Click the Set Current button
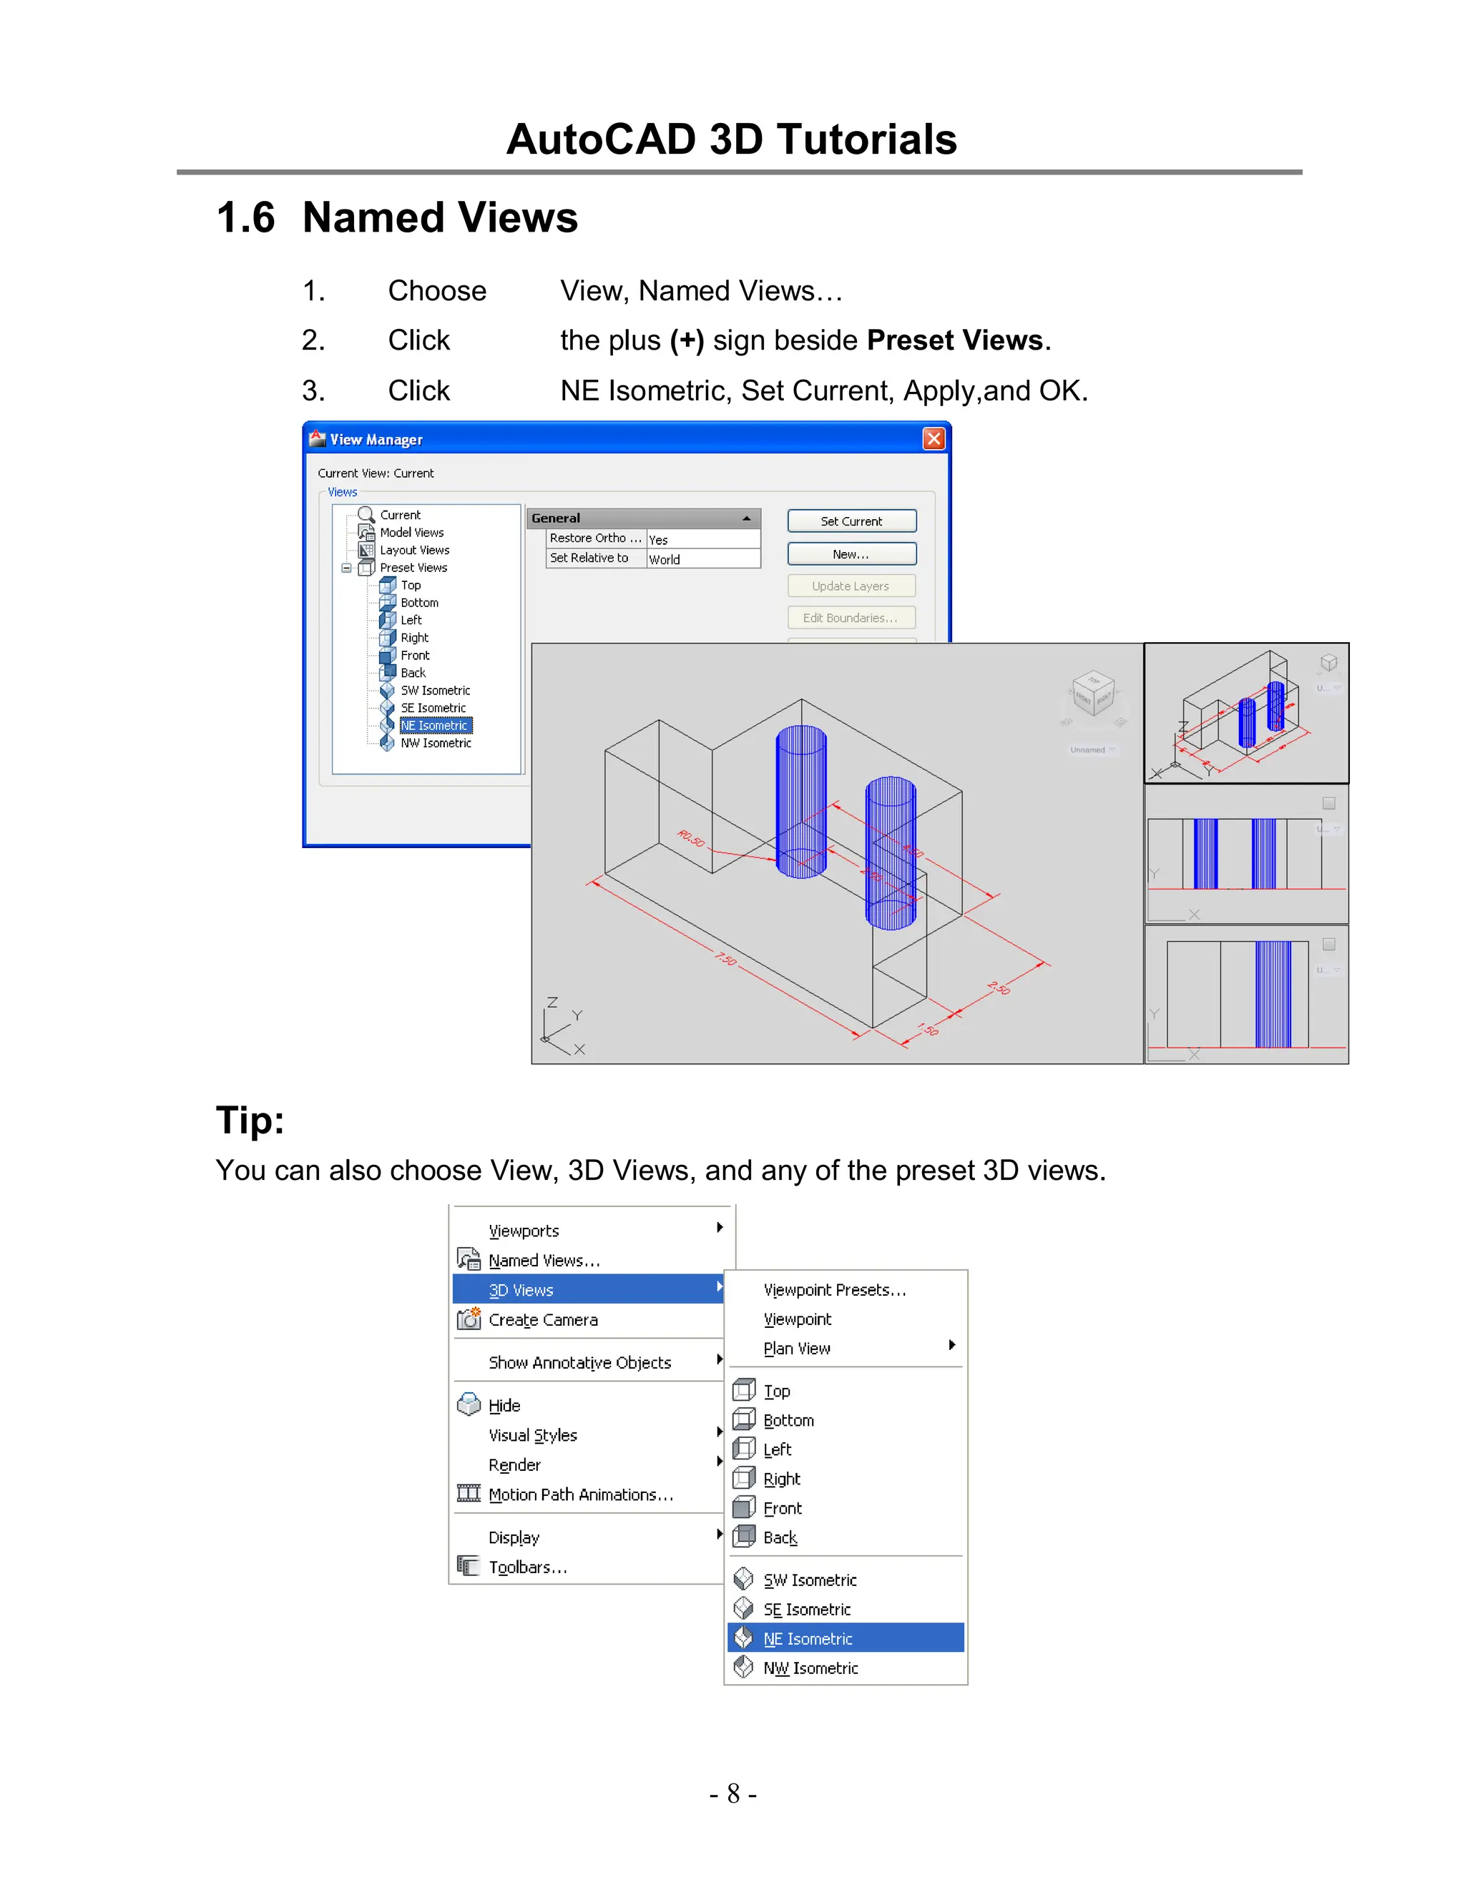coord(851,521)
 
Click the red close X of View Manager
coord(933,439)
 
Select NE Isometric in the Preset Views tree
coord(435,725)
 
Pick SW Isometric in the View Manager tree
coord(435,691)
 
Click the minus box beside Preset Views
coord(346,568)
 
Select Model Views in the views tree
coord(411,533)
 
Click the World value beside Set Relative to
coord(665,560)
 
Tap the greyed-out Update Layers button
coord(851,586)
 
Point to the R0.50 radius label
coord(691,839)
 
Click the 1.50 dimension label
coord(928,1030)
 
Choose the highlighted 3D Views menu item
coord(521,1290)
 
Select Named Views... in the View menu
coord(544,1261)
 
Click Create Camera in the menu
coord(542,1320)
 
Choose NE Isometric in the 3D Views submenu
coord(807,1639)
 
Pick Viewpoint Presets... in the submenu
coord(834,1290)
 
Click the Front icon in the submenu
coord(744,1508)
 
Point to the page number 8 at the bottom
coord(733,1793)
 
